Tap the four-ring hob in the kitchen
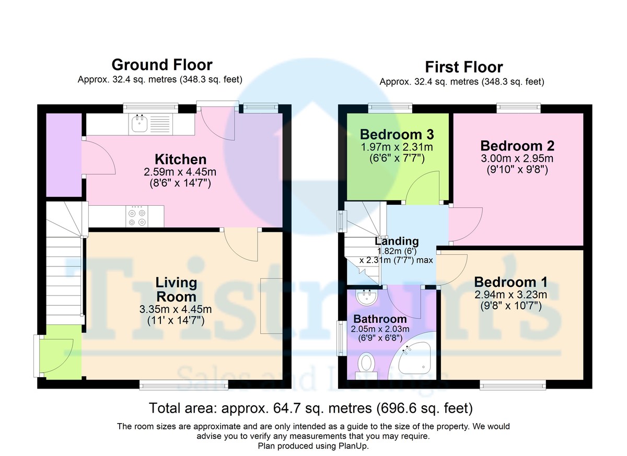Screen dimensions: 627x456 tap(137, 217)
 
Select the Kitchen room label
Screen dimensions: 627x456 tap(181, 159)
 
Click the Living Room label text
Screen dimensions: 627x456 tap(176, 289)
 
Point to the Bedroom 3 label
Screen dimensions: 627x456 tap(397, 135)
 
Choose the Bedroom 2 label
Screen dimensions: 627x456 tap(517, 146)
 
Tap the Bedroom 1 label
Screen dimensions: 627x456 tap(511, 282)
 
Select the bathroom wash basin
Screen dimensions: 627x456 tap(367, 297)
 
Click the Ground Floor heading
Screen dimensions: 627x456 tap(162, 65)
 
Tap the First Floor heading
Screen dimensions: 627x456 tap(464, 67)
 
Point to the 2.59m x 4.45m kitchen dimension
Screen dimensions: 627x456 tap(180, 172)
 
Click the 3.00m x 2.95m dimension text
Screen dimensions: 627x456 tap(517, 158)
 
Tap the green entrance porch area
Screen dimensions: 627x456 tap(61, 352)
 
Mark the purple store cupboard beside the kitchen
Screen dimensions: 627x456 tap(64, 155)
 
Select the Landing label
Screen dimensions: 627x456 tap(397, 241)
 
